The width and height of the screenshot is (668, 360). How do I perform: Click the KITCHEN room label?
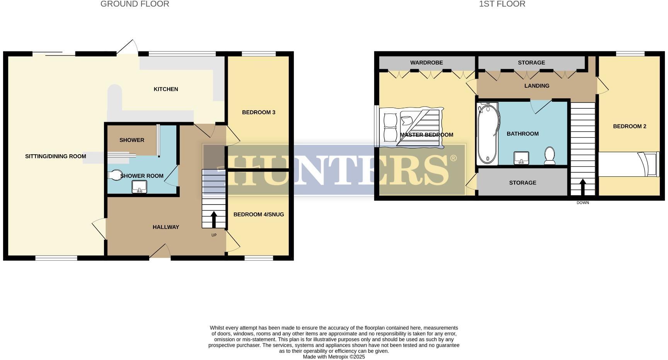166,89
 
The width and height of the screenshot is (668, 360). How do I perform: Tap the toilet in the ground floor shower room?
115,175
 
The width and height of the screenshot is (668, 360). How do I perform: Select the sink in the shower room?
139,187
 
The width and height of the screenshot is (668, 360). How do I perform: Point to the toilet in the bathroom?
549,155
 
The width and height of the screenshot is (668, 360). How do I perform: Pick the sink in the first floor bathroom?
521,158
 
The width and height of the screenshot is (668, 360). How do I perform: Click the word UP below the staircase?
214,235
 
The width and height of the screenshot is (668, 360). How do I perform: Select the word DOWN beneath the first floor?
583,203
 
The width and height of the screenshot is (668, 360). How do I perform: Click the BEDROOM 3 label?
259,113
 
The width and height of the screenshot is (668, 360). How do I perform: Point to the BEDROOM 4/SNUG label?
259,215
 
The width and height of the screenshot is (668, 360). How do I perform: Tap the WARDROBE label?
426,63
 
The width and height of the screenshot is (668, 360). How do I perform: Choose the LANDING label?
537,86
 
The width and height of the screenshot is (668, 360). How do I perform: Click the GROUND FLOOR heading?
135,4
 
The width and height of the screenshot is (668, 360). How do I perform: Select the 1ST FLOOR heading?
502,4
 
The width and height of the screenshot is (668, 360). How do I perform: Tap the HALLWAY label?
166,227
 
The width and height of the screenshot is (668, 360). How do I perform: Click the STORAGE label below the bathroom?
522,183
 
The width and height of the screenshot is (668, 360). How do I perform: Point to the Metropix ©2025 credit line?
334,357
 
